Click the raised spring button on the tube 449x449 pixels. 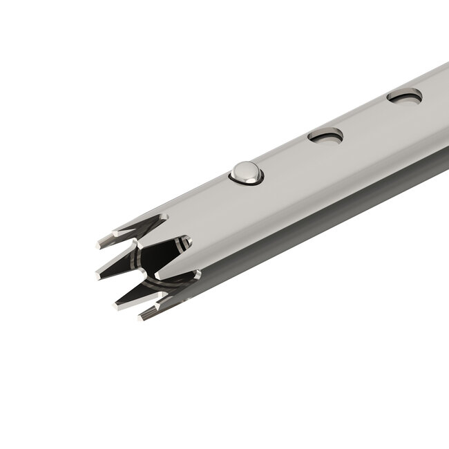point(245,173)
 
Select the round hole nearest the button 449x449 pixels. point(325,136)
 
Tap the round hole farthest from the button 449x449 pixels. point(404,96)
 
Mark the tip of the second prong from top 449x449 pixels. point(97,274)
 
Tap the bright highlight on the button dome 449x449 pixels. point(242,168)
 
